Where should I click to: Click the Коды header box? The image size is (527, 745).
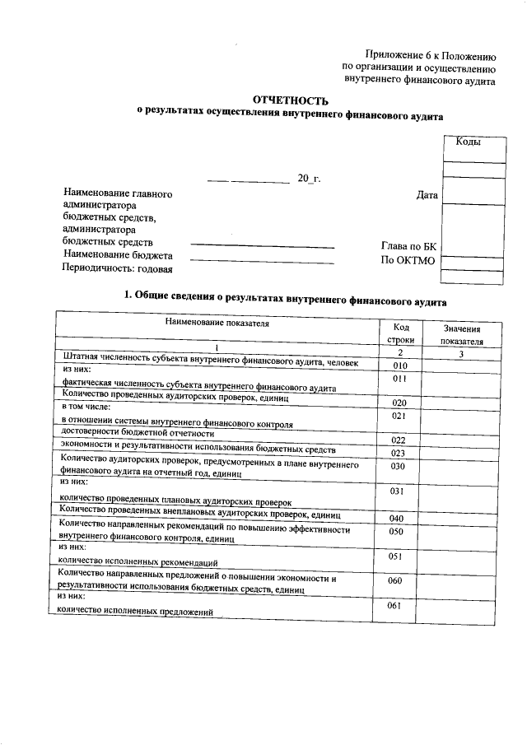click(468, 142)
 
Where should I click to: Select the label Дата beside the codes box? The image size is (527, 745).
click(427, 195)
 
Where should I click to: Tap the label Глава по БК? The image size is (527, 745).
click(411, 245)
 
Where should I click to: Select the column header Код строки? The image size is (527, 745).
click(400, 333)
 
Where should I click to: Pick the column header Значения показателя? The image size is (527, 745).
click(460, 333)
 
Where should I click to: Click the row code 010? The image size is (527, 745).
click(400, 366)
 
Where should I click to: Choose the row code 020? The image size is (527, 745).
click(400, 403)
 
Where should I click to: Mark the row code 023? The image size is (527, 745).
click(400, 453)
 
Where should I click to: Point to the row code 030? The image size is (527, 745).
click(400, 466)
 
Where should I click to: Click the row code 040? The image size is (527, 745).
click(400, 518)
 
